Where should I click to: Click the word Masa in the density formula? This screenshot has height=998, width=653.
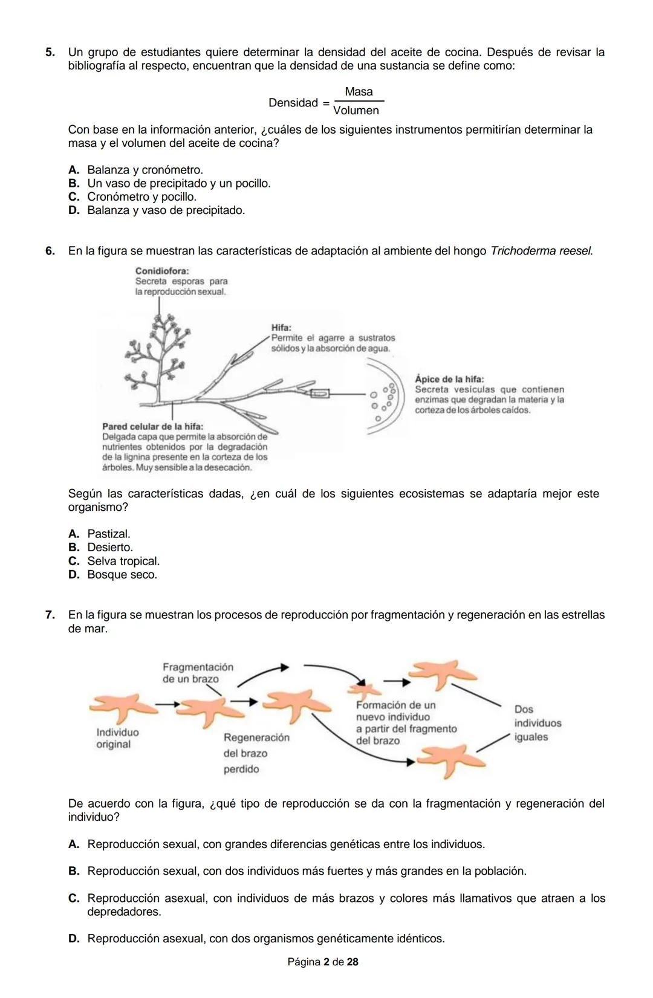tap(359, 92)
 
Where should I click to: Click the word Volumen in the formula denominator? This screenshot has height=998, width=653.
tap(356, 111)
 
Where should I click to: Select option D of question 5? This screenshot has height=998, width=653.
tap(157, 210)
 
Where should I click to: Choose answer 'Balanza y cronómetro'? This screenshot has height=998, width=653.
tap(135, 170)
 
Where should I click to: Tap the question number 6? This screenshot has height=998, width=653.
tap(50, 251)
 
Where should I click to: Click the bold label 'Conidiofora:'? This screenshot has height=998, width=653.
tap(162, 271)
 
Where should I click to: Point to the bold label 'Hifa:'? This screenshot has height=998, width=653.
tap(281, 328)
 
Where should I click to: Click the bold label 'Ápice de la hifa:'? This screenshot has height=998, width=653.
tap(449, 379)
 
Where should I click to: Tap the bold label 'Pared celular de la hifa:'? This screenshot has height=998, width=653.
tap(152, 426)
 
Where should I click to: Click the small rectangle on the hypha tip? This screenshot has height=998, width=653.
tap(320, 394)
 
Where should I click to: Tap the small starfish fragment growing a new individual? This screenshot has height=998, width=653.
tap(364, 690)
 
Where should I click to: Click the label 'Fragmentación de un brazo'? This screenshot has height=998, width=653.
tap(198, 673)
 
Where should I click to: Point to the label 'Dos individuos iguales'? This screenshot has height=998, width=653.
tap(538, 723)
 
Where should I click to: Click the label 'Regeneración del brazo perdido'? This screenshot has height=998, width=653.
tap(256, 753)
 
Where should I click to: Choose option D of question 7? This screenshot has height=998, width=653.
tap(257, 939)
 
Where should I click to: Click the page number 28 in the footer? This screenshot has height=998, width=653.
tap(352, 962)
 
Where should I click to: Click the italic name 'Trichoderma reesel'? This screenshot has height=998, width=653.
tap(542, 251)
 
